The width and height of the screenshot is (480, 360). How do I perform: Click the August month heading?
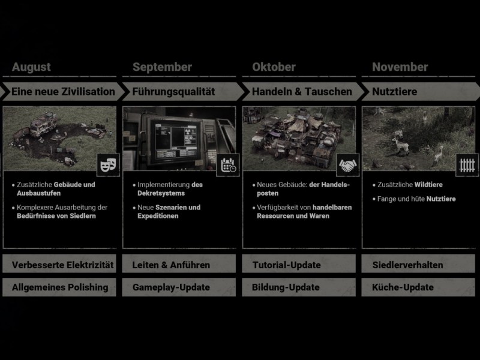[x=31, y=67]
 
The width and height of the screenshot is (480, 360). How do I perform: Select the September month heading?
[x=162, y=67]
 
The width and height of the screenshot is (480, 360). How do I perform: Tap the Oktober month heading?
[x=274, y=67]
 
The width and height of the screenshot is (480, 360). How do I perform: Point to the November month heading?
[x=400, y=67]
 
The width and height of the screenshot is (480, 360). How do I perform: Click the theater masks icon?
[x=109, y=165]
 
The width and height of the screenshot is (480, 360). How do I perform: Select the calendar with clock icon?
[x=228, y=165]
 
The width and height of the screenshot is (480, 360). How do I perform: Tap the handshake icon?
[x=348, y=165]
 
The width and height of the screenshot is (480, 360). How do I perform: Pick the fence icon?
[x=467, y=165]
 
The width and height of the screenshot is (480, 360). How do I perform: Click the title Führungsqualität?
[x=173, y=92]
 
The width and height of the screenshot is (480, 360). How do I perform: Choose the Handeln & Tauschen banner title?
[x=302, y=92]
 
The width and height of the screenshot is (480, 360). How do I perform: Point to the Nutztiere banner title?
[x=395, y=92]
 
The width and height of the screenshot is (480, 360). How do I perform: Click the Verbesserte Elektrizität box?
[x=59, y=264]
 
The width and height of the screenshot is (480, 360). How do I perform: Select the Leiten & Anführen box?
[x=179, y=264]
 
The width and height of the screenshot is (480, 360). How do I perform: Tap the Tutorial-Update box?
[x=299, y=264]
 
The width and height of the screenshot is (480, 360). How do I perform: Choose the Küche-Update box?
[x=418, y=287]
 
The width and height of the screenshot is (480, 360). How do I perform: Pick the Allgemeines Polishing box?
[x=59, y=287]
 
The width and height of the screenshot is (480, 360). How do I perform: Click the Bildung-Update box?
[x=299, y=287]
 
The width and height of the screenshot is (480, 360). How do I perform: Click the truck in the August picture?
[x=43, y=124]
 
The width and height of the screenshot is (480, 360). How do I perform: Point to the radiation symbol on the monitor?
[x=188, y=132]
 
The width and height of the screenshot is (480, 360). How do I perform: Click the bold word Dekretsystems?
[x=161, y=193]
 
